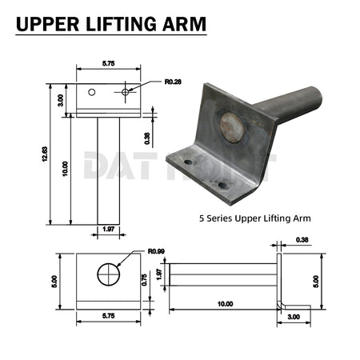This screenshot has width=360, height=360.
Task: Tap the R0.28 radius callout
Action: (x=174, y=81)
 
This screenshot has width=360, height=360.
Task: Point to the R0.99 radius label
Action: (x=156, y=251)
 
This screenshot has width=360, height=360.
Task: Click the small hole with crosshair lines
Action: (x=126, y=92)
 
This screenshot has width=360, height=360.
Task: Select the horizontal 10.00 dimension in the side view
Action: (x=225, y=304)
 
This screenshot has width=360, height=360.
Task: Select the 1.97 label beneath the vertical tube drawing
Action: (x=108, y=230)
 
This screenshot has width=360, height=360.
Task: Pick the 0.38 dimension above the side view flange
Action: (x=302, y=239)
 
